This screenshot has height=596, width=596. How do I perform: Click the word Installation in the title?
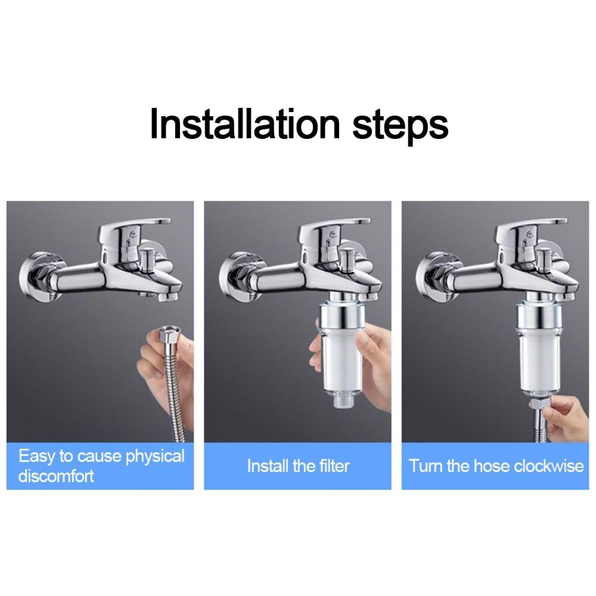click(x=244, y=124)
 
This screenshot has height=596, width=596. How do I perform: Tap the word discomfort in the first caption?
click(x=56, y=476)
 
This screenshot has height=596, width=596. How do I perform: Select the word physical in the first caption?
click(x=155, y=457)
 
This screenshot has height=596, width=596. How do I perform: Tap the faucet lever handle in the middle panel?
click(x=334, y=234)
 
